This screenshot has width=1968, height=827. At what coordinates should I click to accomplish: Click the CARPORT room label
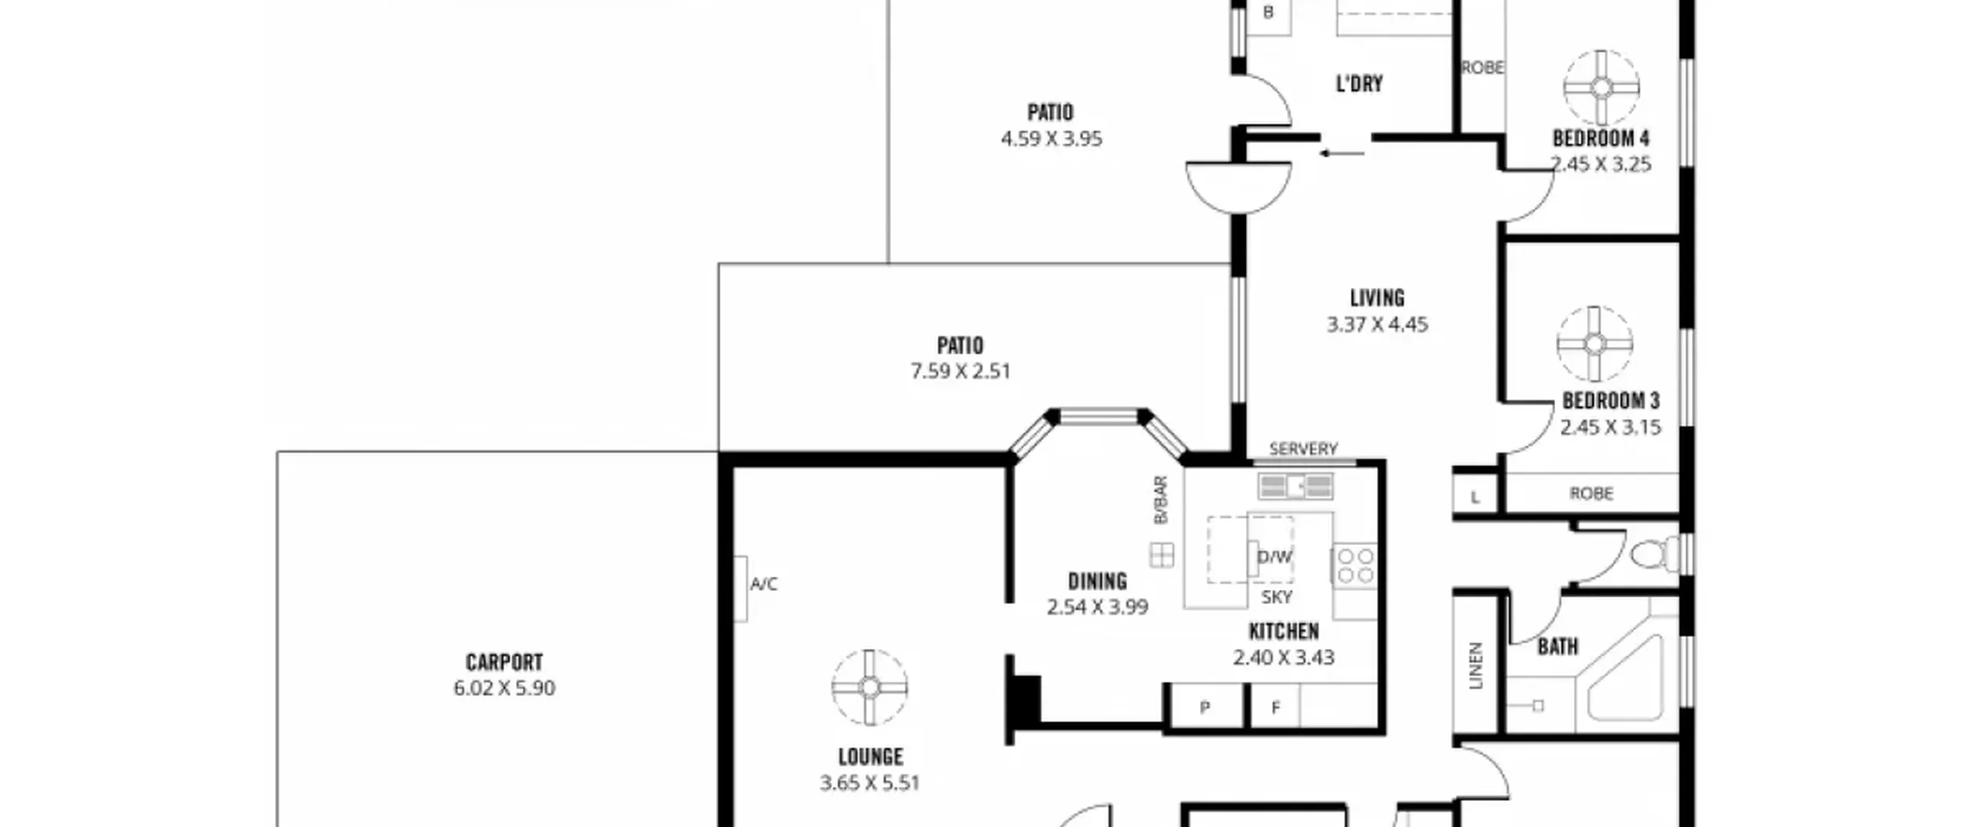click(x=504, y=662)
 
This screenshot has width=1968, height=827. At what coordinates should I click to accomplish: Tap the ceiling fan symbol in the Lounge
click(x=869, y=687)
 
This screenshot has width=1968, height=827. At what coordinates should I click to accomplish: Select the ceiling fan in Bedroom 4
click(x=1601, y=88)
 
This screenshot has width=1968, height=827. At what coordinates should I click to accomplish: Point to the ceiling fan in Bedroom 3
click(x=1594, y=343)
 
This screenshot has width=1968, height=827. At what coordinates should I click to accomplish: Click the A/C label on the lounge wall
click(x=763, y=584)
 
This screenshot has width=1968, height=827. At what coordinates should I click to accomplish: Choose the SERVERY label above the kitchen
click(x=1303, y=448)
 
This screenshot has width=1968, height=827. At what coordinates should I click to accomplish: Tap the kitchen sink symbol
click(x=1295, y=486)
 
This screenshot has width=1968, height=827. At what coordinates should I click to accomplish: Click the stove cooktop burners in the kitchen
click(x=1355, y=565)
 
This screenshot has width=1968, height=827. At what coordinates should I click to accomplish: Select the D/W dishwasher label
click(x=1274, y=556)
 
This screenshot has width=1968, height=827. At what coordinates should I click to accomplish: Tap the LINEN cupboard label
click(x=1475, y=665)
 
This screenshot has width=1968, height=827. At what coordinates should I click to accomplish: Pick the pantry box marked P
click(x=1205, y=705)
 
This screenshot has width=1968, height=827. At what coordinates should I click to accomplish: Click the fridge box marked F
click(x=1275, y=705)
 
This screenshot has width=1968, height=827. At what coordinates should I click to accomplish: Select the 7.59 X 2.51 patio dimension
click(x=960, y=371)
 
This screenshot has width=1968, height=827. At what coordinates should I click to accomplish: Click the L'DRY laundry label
click(x=1359, y=83)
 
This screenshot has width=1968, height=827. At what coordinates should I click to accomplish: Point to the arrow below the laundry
click(x=1341, y=153)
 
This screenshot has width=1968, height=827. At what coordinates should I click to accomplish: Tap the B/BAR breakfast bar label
click(x=1161, y=500)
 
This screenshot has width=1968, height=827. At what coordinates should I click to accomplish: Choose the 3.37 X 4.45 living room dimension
click(x=1377, y=324)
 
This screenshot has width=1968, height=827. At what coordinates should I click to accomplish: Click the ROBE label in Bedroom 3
click(x=1591, y=493)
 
